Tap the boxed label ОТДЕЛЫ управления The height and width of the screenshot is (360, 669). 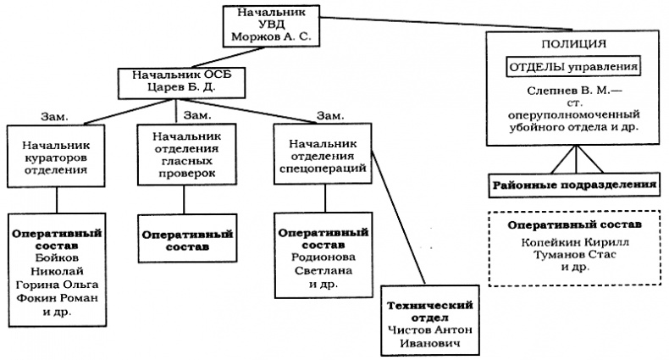click(x=572, y=66)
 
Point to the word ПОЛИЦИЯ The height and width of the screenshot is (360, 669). click(x=572, y=42)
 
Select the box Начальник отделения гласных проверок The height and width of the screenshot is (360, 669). click(x=184, y=155)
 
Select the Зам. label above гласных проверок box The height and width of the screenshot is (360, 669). click(x=196, y=113)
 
